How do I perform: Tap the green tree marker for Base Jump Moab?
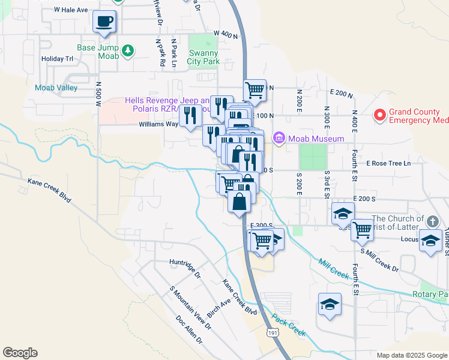[127, 51]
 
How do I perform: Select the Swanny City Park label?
[203, 57]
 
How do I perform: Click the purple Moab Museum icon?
[279, 139]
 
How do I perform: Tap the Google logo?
[20, 353]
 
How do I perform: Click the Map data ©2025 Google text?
[411, 355]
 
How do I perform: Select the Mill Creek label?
[334, 269]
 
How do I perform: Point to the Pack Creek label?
[289, 324]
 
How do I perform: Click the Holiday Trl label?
[57, 59]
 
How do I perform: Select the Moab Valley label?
[56, 88]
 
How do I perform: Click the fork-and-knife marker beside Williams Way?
[190, 115]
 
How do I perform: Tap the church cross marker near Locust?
[430, 221]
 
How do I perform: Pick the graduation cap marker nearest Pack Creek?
[330, 304]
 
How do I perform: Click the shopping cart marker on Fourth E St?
[363, 229]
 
